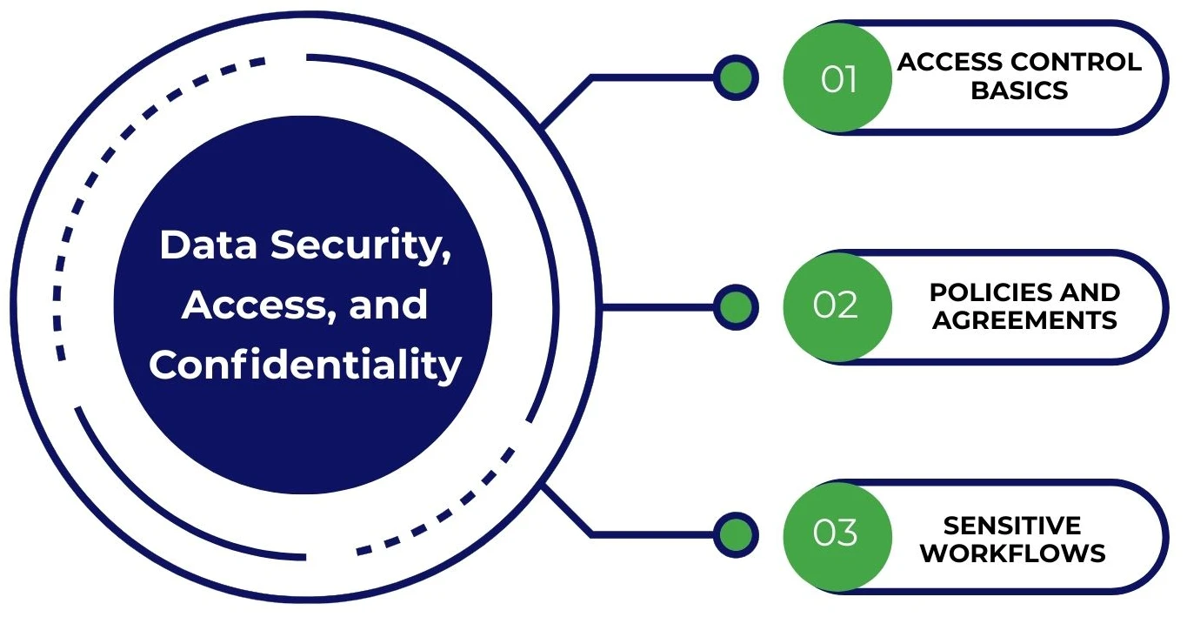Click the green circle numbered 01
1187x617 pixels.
pos(837,78)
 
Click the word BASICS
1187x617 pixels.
pos(1019,91)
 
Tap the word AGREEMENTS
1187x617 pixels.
pos(1024,320)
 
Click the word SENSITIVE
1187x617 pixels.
pos(1012,525)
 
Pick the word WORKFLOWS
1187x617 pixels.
pos(1013,553)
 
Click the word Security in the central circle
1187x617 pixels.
pos(361,245)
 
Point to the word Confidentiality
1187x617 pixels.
pos(304,365)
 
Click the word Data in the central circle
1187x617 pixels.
pos(209,245)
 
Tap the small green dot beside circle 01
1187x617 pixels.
pos(736,78)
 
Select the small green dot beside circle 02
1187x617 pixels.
pos(736,306)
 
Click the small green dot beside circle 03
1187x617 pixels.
pos(736,533)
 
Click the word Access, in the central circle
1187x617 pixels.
pos(243,305)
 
